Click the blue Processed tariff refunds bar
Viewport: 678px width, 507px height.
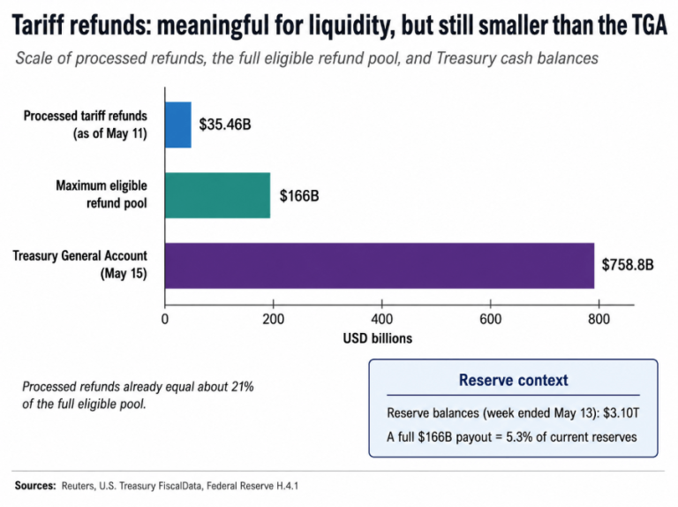click(178, 125)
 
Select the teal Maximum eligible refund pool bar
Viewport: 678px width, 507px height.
click(217, 195)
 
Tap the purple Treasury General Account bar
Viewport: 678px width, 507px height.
click(380, 266)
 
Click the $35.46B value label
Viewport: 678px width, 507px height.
click(225, 125)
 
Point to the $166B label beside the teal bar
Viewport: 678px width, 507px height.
click(299, 196)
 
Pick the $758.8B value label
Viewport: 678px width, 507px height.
click(628, 264)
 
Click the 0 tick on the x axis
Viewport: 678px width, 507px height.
click(165, 319)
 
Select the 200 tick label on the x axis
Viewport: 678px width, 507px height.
click(274, 319)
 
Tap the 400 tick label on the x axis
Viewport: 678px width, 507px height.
click(381, 319)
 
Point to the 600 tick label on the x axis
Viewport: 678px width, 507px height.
click(490, 319)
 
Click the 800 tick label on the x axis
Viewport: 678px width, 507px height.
click(599, 319)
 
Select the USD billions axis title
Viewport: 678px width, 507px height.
click(378, 338)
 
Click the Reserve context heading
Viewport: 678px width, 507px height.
click(513, 380)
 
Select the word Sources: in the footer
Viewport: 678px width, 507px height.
click(35, 486)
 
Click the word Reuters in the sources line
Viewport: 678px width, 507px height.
click(79, 486)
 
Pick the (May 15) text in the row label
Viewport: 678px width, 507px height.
click(124, 274)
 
